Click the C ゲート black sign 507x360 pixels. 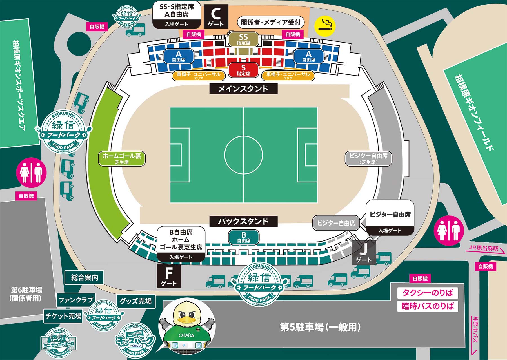216,16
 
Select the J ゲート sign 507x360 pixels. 364,253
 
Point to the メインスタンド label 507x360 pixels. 243,89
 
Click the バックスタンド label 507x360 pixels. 243,221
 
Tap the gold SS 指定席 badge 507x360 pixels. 243,39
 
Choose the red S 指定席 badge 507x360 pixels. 243,70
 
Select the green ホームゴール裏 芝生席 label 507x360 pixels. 122,158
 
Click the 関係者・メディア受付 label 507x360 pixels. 271,22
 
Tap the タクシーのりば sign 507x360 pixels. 428,293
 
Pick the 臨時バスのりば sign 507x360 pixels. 428,306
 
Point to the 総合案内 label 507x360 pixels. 84,277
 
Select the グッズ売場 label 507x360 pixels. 136,301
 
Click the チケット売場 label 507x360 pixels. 63,316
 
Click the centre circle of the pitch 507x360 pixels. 244,155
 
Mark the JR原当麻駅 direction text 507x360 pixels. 483,249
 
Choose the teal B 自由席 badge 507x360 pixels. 244,237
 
